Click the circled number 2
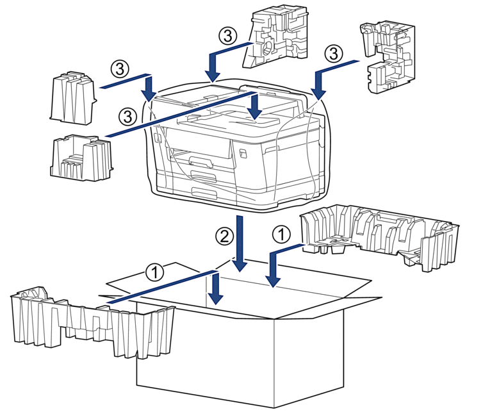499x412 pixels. tap(224, 236)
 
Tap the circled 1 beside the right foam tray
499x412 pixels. tap(282, 235)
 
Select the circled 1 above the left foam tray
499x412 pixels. tap(154, 272)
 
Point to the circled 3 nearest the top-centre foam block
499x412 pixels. tap(228, 36)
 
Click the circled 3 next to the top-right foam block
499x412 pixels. tap(334, 53)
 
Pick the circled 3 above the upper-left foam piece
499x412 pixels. tap(120, 69)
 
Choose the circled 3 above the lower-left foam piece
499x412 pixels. tap(127, 116)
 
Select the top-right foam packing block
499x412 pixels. tap(388, 56)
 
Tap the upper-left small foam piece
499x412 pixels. tap(72, 97)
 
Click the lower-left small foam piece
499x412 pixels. tap(81, 158)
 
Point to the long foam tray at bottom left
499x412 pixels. tap(92, 322)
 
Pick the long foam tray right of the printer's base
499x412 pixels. tap(380, 237)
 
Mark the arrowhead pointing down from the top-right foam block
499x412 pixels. tap(319, 94)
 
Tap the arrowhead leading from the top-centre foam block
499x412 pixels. tap(213, 76)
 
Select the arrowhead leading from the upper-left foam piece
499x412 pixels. tap(148, 94)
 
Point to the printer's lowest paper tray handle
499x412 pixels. tap(204, 192)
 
